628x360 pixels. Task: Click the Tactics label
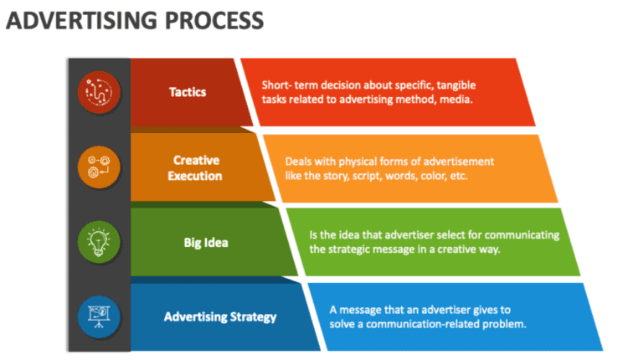pyautogui.click(x=187, y=91)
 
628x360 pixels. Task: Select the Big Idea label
pyautogui.click(x=205, y=243)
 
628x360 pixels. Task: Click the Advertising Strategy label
pyautogui.click(x=219, y=316)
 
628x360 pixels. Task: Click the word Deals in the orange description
pyautogui.click(x=301, y=161)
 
